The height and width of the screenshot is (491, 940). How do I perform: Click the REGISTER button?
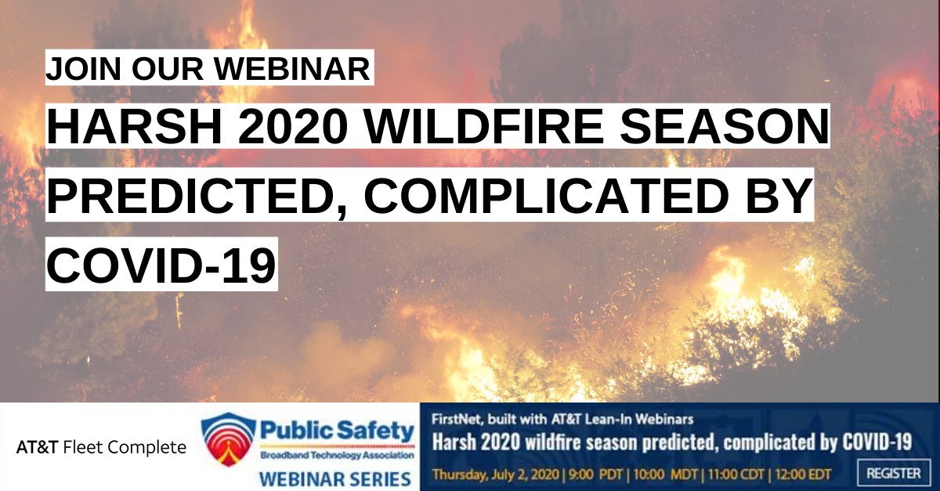[893, 473]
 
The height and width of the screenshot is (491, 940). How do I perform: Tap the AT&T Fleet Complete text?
[101, 448]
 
